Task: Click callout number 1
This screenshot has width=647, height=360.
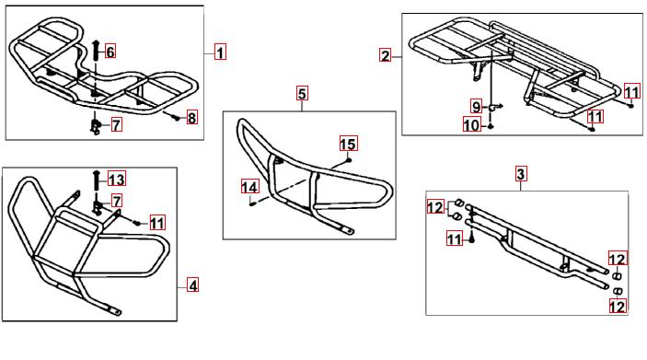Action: tap(220, 52)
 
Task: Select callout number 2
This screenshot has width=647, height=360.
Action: tap(385, 55)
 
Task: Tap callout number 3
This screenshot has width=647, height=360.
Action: tap(521, 174)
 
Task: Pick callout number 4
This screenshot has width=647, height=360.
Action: tap(192, 285)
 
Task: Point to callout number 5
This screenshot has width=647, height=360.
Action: tap(303, 93)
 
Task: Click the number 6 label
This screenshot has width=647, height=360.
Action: tap(110, 52)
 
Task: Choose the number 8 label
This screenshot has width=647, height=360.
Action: tap(191, 118)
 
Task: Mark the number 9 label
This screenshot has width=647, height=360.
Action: tap(477, 107)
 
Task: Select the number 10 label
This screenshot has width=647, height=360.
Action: tap(472, 124)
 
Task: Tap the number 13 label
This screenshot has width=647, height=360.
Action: tap(117, 180)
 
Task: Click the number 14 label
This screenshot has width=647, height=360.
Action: tap(249, 188)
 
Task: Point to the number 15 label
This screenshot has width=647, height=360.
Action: tap(348, 144)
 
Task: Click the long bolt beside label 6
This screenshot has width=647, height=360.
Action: tap(96, 51)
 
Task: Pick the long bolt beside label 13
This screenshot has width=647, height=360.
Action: tap(96, 180)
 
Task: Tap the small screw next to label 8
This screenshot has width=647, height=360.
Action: tap(176, 118)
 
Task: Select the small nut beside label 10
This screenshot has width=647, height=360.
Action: tap(491, 126)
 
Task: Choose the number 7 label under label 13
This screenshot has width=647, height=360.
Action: tap(117, 201)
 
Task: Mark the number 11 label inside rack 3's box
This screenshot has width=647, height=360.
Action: tap(455, 238)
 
